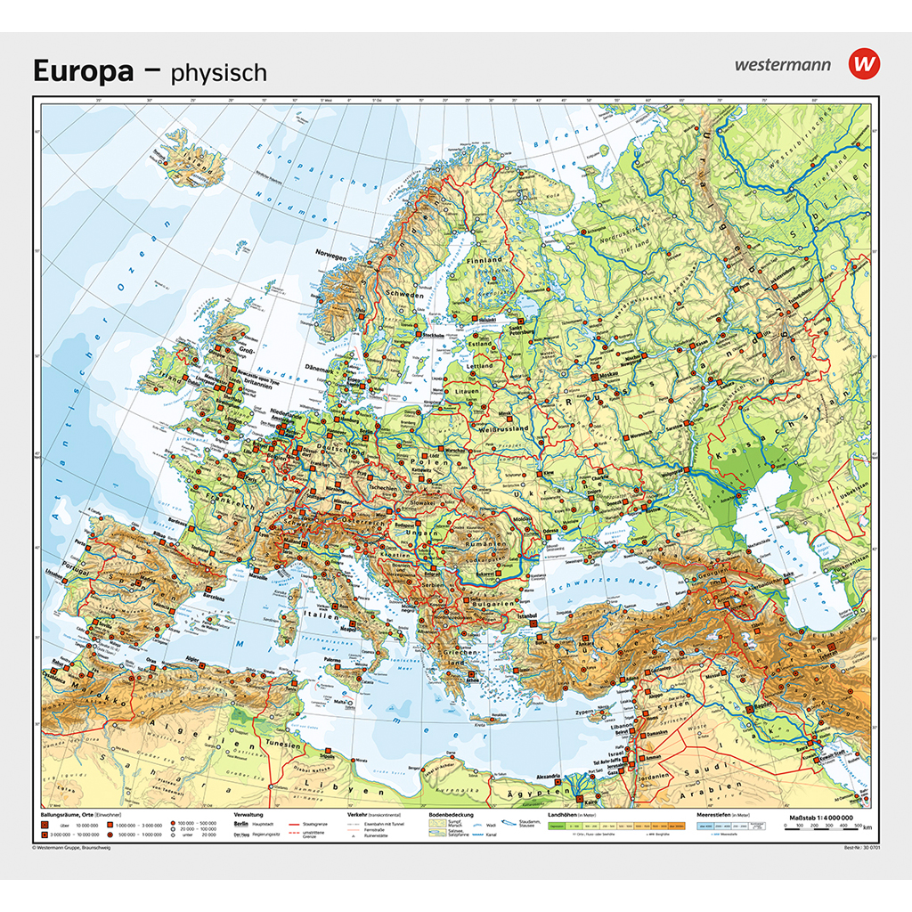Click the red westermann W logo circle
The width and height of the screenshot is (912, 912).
pos(863,64)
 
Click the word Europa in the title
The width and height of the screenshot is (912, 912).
pos(84,70)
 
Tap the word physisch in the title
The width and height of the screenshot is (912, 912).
pos(219,72)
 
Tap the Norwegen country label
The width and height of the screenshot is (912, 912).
pos(330,255)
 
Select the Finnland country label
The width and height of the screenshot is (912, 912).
pos(484,260)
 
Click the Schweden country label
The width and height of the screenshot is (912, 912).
pos(404,293)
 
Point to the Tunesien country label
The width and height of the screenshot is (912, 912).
pos(273,745)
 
